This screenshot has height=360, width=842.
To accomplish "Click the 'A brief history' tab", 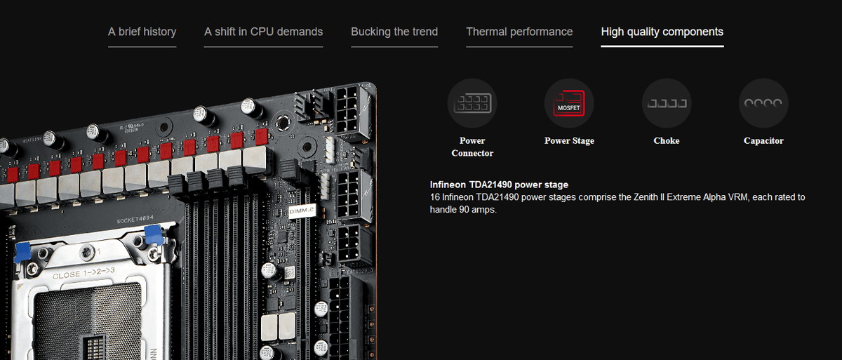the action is [142, 32].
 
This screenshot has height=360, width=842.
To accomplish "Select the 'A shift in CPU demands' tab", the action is [264, 32].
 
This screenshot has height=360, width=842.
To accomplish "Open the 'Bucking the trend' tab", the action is [394, 32].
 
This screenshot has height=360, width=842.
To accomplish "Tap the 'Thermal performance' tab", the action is [519, 32].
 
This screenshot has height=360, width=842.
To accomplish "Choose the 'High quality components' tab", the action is [662, 32].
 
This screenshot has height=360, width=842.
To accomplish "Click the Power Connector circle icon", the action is [472, 103].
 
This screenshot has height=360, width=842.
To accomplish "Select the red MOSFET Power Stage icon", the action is [569, 103].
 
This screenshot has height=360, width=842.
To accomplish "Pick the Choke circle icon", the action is [667, 103].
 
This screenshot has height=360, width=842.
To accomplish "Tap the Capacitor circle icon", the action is [763, 103].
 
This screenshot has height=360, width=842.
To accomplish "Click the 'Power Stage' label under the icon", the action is [569, 140].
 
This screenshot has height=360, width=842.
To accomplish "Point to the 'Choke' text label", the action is [667, 140].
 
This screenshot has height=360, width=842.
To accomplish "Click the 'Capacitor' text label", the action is [763, 140].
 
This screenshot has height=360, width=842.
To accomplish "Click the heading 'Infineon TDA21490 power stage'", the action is [499, 185].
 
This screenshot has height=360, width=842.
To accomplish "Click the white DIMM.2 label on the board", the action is [302, 211].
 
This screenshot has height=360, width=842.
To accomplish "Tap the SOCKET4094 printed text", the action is [135, 220].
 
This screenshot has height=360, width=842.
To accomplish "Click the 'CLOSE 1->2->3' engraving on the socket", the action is [83, 274].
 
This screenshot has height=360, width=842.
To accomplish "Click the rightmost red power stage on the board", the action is [261, 137].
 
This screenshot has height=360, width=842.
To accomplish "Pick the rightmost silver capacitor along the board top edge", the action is [251, 109].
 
